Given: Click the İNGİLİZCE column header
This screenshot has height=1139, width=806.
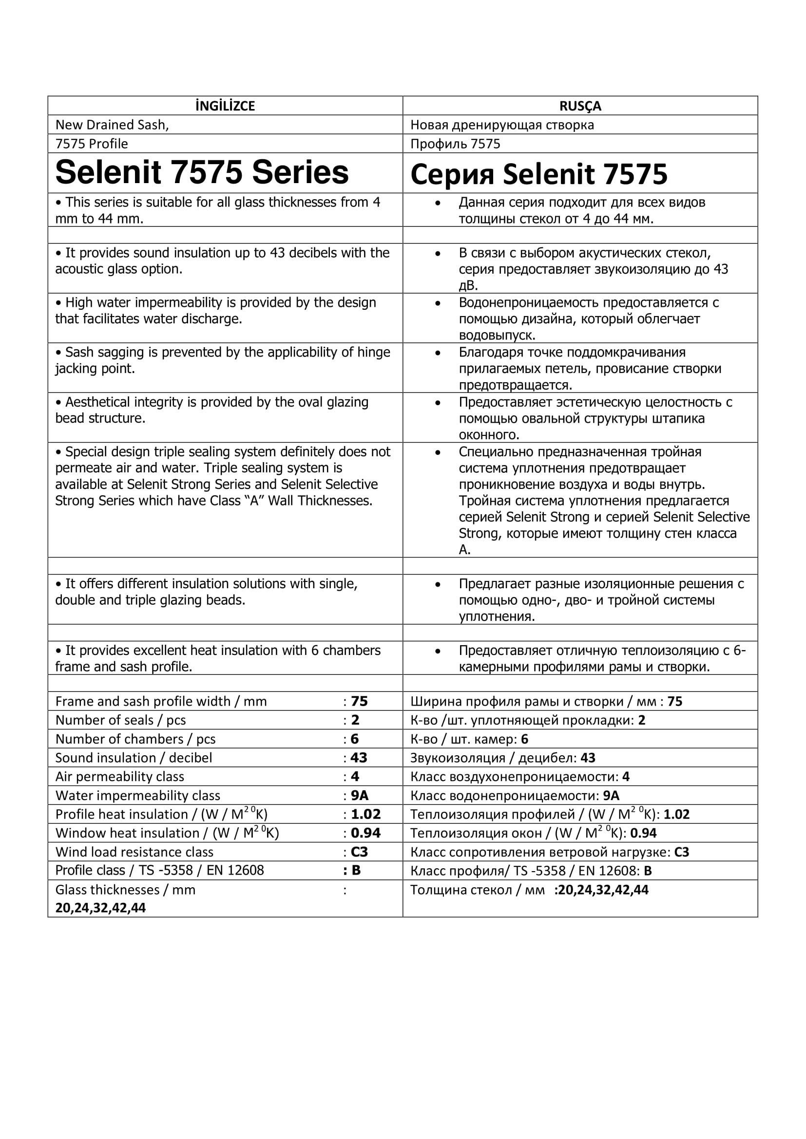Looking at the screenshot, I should click(x=225, y=106).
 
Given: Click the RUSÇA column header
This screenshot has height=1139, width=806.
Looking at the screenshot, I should click(x=580, y=106).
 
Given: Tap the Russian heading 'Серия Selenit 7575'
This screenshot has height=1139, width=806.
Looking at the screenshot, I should click(x=538, y=174).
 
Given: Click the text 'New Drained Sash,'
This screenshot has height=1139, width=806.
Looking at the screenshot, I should click(x=112, y=125).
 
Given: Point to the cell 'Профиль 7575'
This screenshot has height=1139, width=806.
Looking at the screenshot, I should click(x=455, y=144).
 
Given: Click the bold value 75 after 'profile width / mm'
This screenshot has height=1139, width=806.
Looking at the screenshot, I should click(x=359, y=701).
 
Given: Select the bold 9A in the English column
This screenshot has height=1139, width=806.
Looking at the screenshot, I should click(x=359, y=795).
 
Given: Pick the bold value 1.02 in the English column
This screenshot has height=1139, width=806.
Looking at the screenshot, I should click(x=365, y=814).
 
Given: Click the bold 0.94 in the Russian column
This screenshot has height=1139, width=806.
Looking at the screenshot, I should click(x=643, y=833).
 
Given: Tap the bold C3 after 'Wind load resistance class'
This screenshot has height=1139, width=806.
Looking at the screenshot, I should click(x=359, y=852).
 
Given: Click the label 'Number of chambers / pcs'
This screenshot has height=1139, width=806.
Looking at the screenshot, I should click(x=135, y=739).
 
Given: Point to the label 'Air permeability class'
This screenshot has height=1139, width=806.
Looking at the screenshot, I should click(x=119, y=776).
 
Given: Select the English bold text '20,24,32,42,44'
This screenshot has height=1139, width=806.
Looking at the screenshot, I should click(x=101, y=908).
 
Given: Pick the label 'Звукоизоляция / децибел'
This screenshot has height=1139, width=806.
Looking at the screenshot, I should click(x=493, y=758).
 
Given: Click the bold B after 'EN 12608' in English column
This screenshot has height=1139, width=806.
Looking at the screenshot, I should click(x=355, y=870).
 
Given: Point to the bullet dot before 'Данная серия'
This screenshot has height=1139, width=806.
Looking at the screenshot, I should click(x=437, y=203).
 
